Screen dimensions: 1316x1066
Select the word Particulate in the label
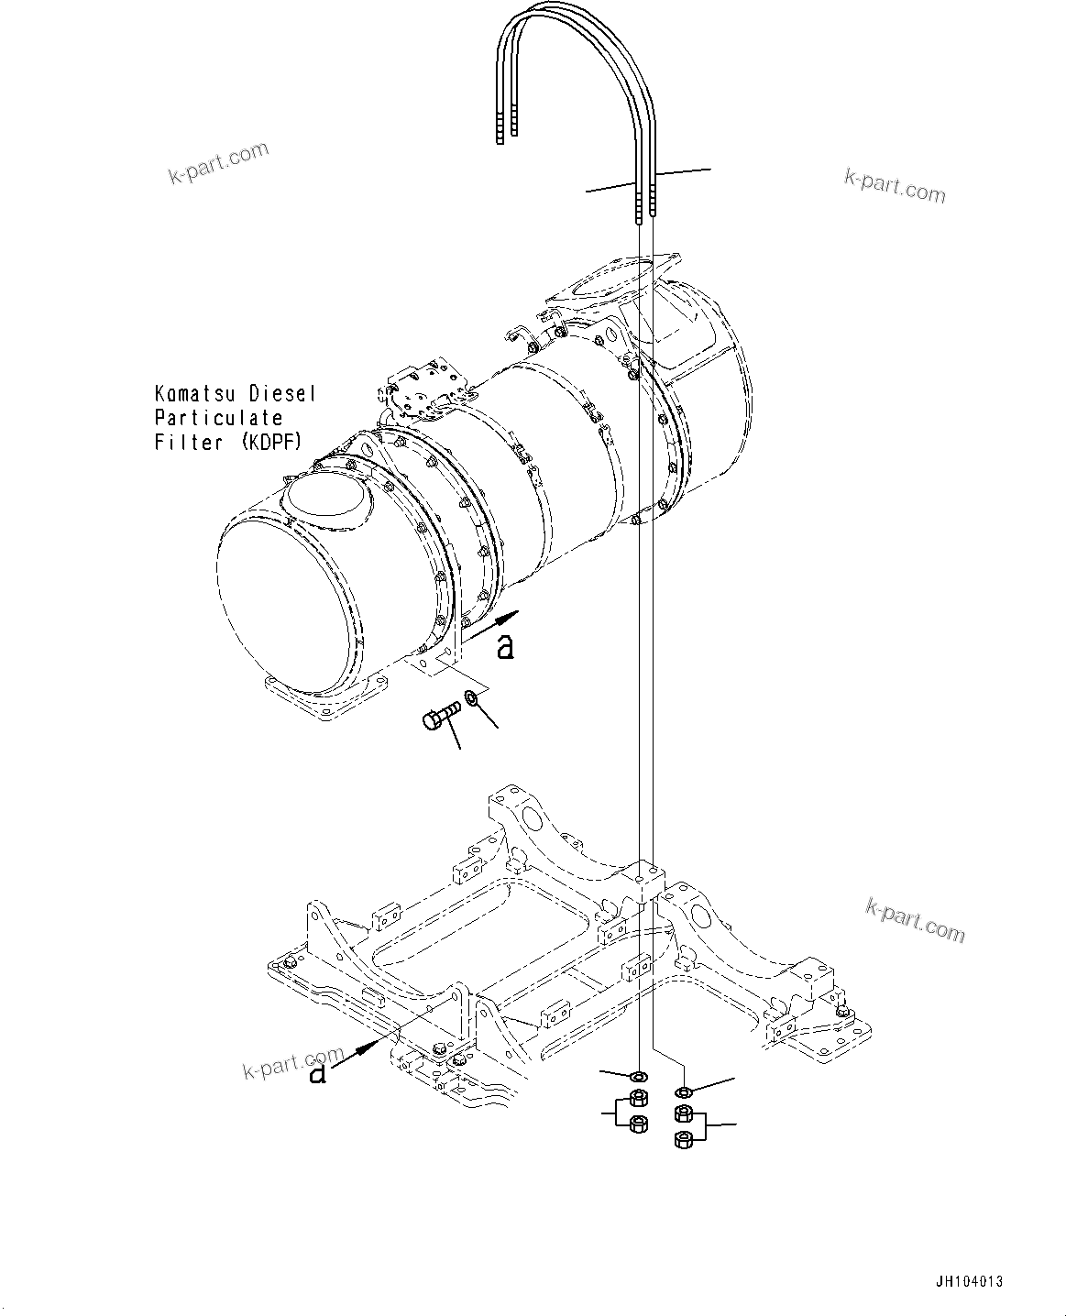[219, 418]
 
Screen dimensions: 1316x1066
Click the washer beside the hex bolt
[473, 700]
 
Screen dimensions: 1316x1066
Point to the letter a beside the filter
[505, 647]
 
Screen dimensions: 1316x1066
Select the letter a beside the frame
[317, 1072]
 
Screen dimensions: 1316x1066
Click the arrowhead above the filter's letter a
[509, 616]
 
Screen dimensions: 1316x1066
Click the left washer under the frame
[639, 1074]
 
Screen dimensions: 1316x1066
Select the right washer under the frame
[683, 1091]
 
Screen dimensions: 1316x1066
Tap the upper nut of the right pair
[683, 1113]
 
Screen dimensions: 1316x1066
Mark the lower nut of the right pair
[683, 1139]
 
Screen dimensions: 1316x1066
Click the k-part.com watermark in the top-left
[218, 162]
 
